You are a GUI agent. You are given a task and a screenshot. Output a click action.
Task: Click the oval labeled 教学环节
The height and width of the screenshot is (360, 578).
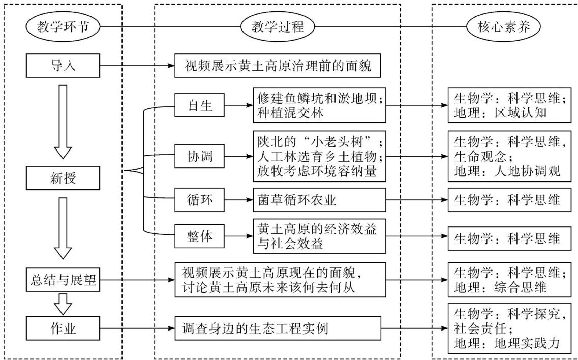[63, 26]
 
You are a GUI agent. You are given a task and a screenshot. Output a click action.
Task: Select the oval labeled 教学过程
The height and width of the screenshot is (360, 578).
[277, 26]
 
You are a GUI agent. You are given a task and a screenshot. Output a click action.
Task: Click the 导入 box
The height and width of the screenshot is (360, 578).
[63, 65]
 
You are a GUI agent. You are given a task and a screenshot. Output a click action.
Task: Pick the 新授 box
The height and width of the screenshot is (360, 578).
[63, 177]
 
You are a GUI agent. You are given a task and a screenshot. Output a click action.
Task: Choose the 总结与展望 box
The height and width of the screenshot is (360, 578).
[63, 279]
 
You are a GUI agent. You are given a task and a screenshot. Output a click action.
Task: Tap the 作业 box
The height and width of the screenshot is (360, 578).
[63, 328]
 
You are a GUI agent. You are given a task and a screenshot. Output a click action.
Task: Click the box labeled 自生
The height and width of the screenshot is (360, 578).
[199, 106]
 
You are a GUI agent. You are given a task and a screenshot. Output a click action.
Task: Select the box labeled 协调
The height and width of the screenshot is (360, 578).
[199, 156]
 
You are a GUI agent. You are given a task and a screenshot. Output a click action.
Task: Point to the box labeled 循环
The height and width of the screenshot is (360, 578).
[199, 201]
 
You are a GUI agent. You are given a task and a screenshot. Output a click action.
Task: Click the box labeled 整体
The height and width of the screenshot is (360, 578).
[199, 236]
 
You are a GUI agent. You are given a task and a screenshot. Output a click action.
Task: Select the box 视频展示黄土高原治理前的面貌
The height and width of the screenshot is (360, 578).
[277, 66]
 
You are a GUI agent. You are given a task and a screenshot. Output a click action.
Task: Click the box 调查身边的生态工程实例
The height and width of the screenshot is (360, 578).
[277, 328]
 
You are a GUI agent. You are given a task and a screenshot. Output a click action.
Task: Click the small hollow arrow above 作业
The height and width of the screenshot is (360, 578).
[64, 304]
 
